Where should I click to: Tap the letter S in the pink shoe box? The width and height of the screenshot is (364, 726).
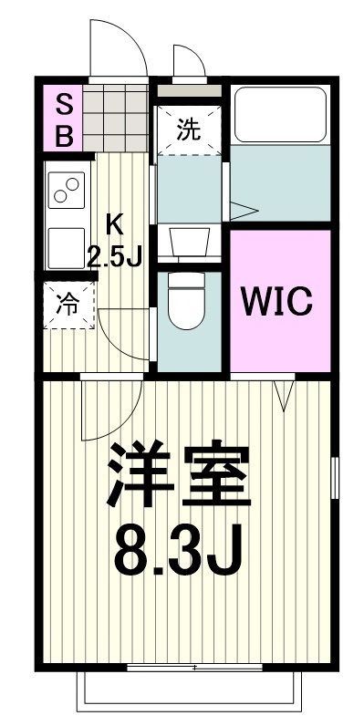pyautogui.click(x=65, y=103)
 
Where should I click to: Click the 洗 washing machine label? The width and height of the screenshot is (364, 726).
pyautogui.click(x=188, y=129)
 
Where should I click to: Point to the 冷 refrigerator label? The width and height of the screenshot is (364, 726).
pyautogui.click(x=68, y=304)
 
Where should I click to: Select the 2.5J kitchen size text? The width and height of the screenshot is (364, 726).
pyautogui.click(x=115, y=256)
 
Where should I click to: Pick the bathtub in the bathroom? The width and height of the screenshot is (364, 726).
pyautogui.click(x=278, y=115)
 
